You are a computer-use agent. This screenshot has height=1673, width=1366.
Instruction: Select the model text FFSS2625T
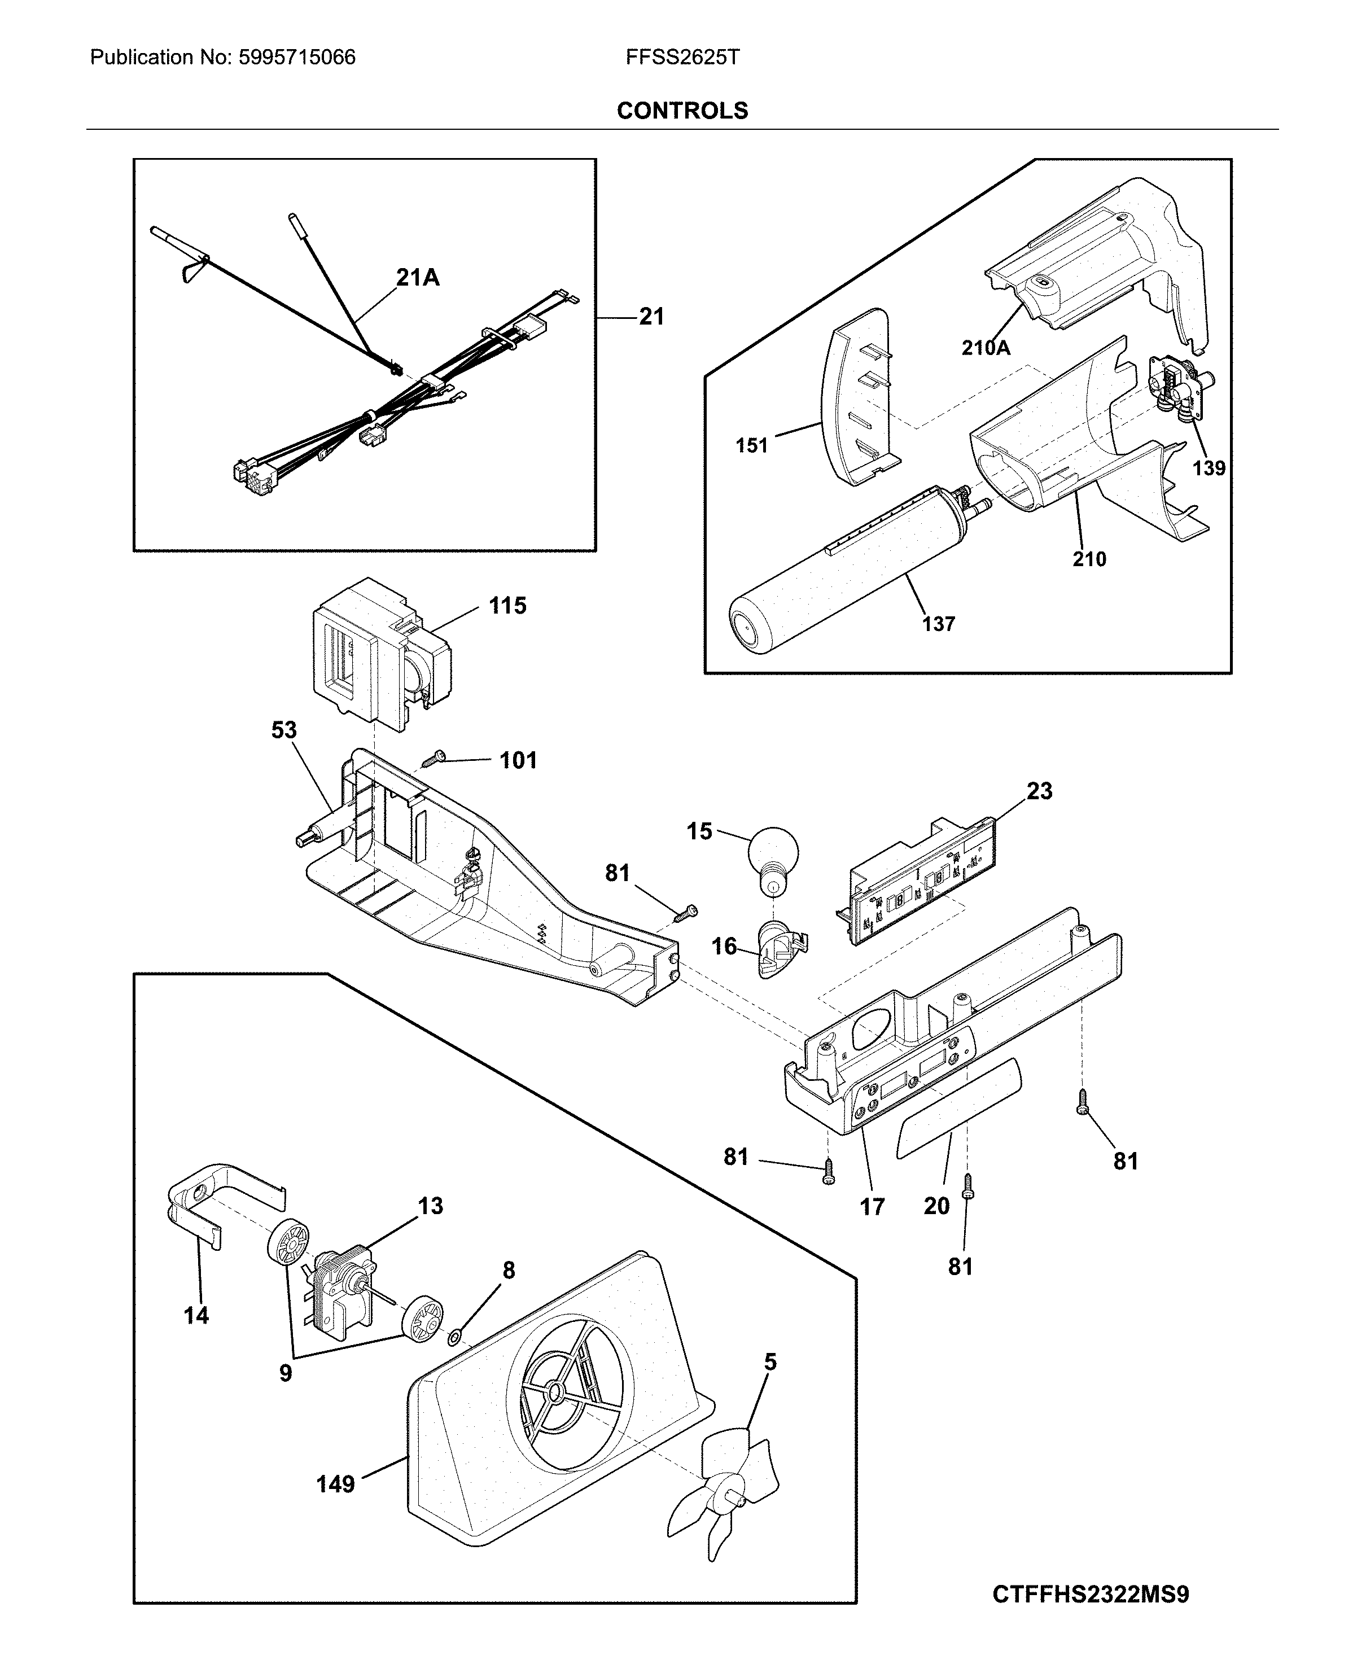click(682, 58)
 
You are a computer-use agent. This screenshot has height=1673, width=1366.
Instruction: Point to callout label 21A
click(417, 278)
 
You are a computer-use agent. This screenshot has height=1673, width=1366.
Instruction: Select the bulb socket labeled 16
click(778, 951)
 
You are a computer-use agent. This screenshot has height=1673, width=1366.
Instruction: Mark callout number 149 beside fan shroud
click(335, 1484)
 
